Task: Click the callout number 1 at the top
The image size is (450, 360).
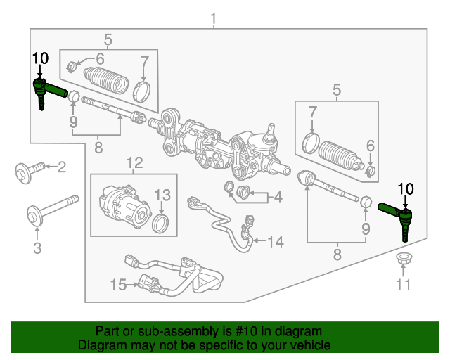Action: tap(214, 18)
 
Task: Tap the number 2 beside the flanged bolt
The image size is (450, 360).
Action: tap(61, 167)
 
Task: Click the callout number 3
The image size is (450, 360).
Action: tap(37, 247)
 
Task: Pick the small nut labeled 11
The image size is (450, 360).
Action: tap(403, 257)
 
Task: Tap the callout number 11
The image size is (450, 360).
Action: tap(402, 284)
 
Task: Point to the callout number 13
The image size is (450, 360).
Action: tap(162, 195)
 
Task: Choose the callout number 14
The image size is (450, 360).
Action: tap(275, 242)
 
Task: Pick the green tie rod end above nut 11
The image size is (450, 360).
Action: tap(397, 214)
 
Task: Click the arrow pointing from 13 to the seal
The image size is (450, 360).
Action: tap(162, 210)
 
